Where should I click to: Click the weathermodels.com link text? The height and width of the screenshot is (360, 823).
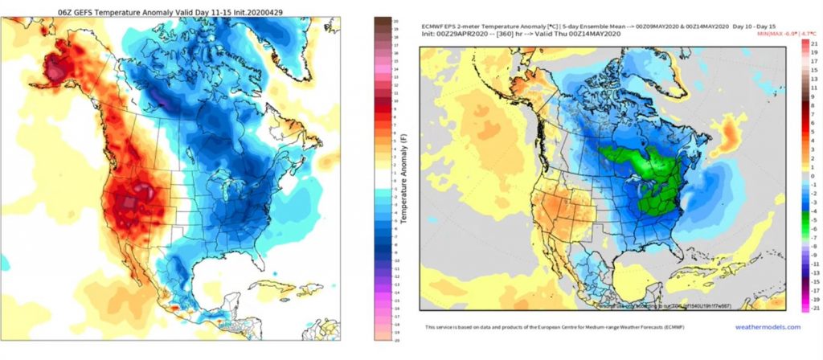[x=768, y=327]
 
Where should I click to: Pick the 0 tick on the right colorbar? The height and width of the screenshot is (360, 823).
[x=815, y=174]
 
